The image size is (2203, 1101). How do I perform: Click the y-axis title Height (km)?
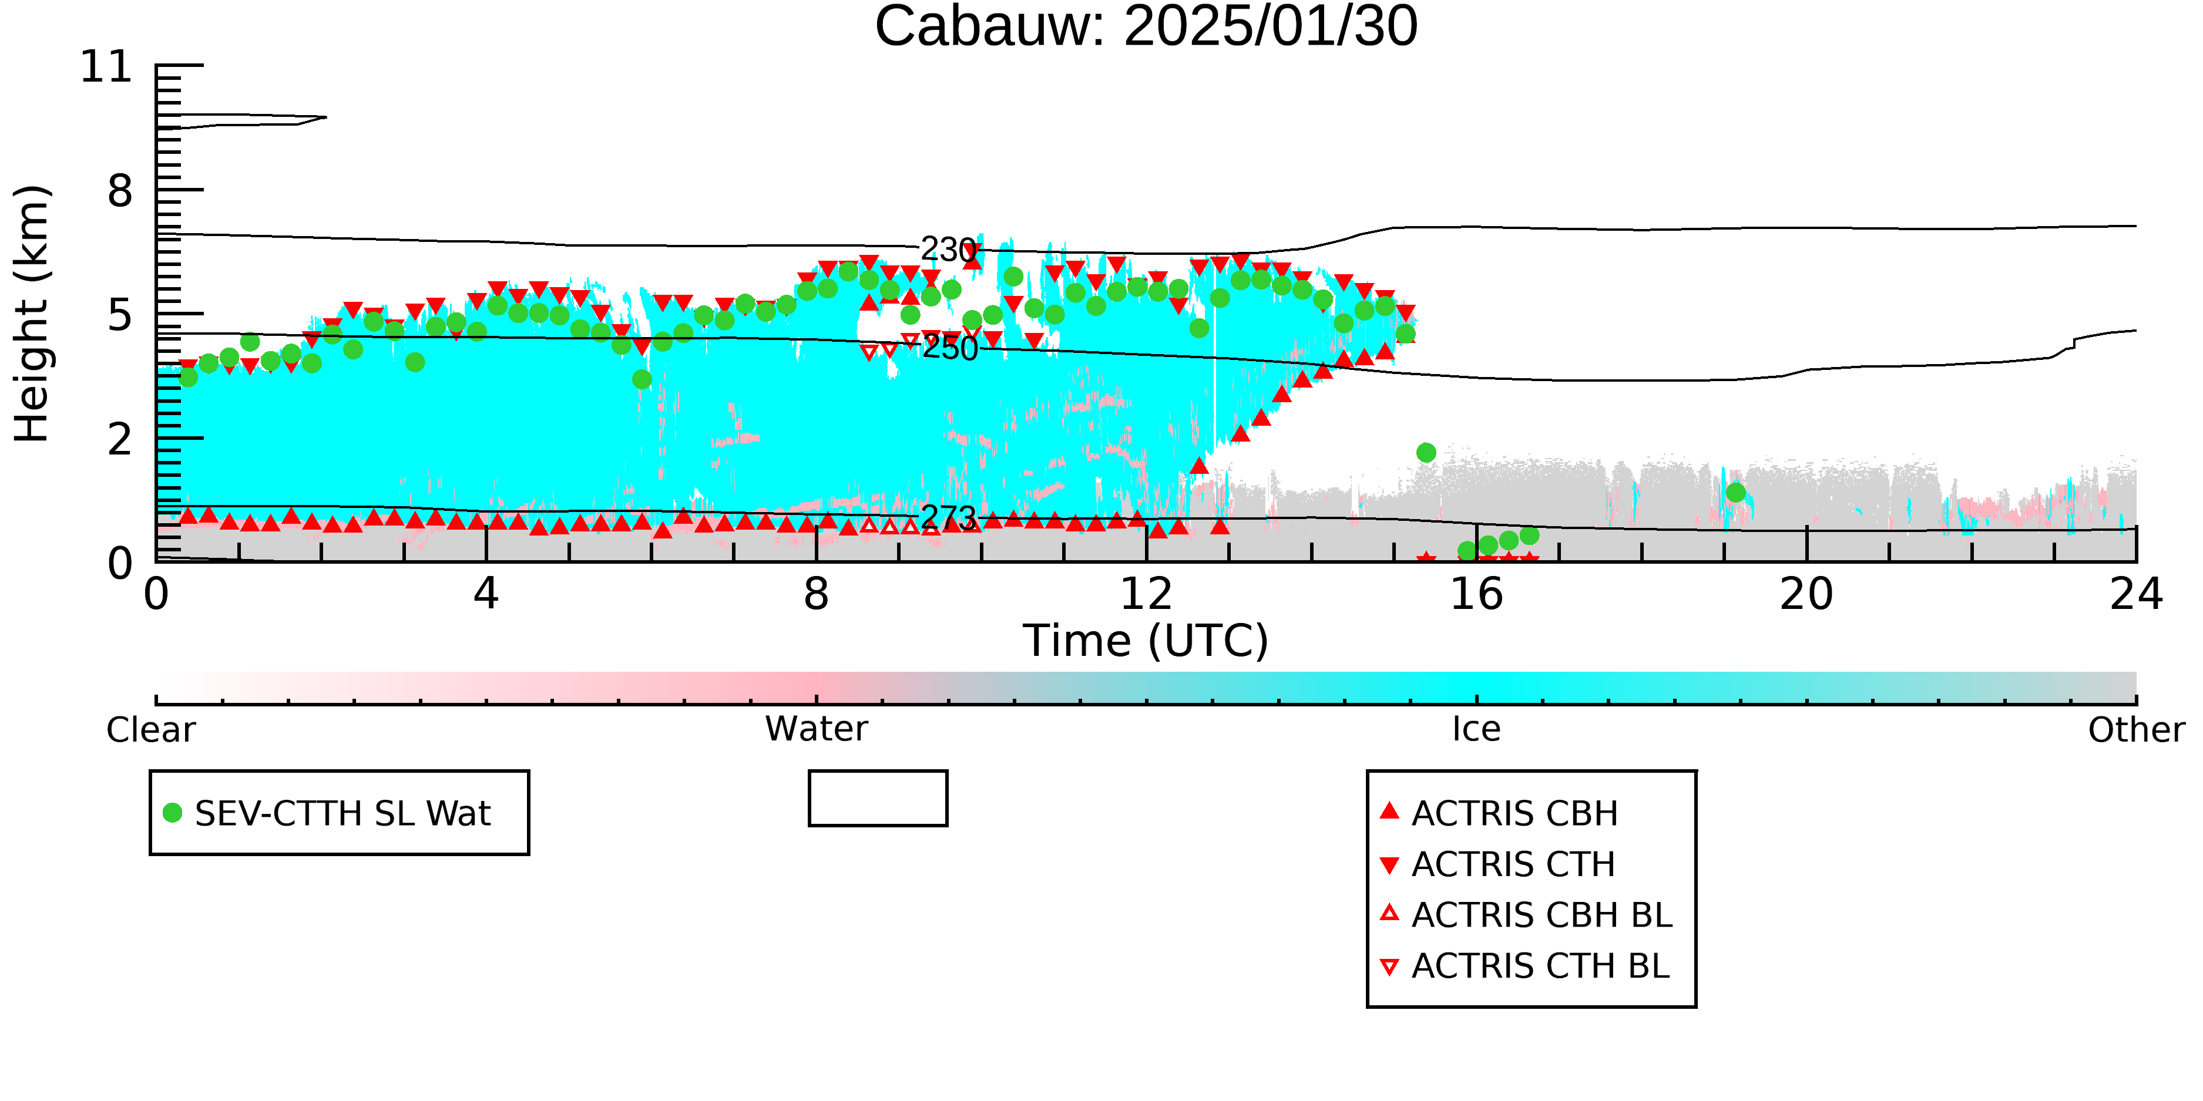tap(32, 314)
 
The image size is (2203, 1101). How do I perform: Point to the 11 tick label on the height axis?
tap(107, 67)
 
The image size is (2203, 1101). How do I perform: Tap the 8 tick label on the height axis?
tap(120, 191)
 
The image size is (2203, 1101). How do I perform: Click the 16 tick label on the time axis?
tap(1476, 594)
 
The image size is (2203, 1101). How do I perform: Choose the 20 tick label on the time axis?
tap(1806, 594)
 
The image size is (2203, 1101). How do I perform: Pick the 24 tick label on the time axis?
tap(2136, 594)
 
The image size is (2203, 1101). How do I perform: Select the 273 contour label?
tap(948, 518)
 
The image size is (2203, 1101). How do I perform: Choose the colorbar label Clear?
tap(150, 730)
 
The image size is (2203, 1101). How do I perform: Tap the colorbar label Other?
tap(2136, 730)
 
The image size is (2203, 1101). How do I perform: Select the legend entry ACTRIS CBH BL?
tap(1527, 915)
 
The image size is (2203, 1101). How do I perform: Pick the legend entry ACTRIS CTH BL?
tap(1525, 967)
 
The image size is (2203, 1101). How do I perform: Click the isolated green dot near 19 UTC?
tap(1735, 493)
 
